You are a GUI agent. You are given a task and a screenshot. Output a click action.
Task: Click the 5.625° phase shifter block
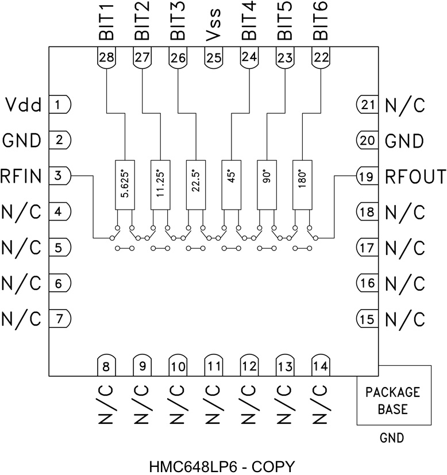pyautogui.click(x=125, y=184)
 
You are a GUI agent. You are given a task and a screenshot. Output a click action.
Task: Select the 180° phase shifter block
pyautogui.click(x=302, y=184)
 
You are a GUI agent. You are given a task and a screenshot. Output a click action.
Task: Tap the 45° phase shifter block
pyautogui.click(x=231, y=184)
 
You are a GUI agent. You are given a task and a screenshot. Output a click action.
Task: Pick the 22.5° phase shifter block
pyautogui.click(x=195, y=184)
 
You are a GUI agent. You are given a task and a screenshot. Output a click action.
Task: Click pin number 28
pyautogui.click(x=106, y=57)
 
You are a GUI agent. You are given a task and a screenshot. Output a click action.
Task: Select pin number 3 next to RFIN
pyautogui.click(x=59, y=176)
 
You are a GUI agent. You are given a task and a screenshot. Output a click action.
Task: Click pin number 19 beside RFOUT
pyautogui.click(x=366, y=177)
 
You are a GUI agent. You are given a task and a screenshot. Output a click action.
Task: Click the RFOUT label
pyautogui.click(x=415, y=177)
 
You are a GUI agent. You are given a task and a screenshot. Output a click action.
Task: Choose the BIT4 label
pyautogui.click(x=249, y=22)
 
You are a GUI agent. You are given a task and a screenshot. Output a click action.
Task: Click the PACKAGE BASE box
pyautogui.click(x=393, y=401)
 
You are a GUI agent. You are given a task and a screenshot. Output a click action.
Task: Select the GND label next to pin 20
pyautogui.click(x=404, y=141)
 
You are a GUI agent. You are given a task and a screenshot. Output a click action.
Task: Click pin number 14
pyautogui.click(x=320, y=365)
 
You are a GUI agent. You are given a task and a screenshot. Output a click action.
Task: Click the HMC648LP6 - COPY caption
pyautogui.click(x=222, y=464)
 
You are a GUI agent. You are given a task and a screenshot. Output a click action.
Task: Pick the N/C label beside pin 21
pyautogui.click(x=404, y=105)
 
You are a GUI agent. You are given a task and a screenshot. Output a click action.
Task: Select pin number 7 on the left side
pyautogui.click(x=59, y=318)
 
